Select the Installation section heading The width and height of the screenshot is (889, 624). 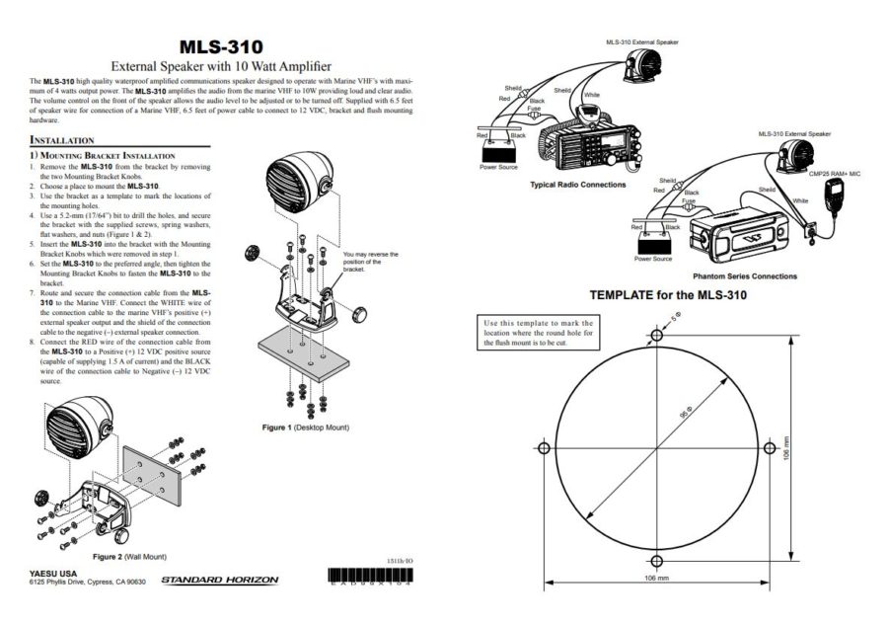(62, 140)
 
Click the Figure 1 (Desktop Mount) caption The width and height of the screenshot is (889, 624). (305, 428)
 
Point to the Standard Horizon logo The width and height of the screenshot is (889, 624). (219, 581)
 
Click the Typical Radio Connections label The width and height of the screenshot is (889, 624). (577, 185)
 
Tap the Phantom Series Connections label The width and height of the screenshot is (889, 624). (745, 276)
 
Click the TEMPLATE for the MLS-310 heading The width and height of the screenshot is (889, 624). (668, 295)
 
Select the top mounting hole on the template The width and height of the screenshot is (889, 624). (656, 333)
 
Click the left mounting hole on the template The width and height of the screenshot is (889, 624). (543, 446)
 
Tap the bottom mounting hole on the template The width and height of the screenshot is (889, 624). (656, 560)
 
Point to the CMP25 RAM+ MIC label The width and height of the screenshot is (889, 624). (835, 174)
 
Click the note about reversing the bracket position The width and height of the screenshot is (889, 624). (370, 261)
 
